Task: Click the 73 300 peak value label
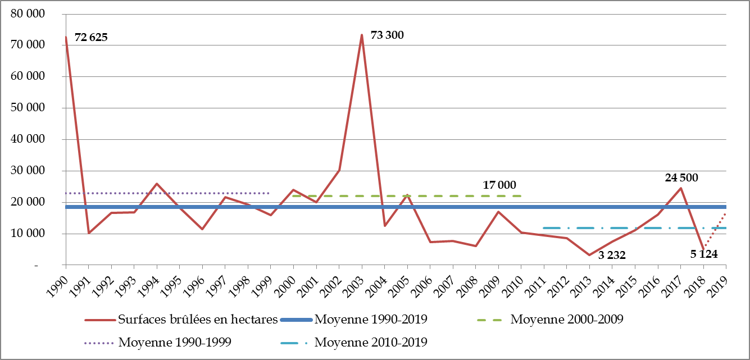pyautogui.click(x=387, y=35)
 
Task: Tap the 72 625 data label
pyautogui.click(x=90, y=38)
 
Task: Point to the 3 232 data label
pyautogui.click(x=612, y=256)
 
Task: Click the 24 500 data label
pyautogui.click(x=682, y=178)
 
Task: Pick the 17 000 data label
pyautogui.click(x=499, y=185)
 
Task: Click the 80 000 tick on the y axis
pyautogui.click(x=28, y=14)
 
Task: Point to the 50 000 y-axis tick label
pyautogui.click(x=28, y=108)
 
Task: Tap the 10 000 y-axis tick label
pyautogui.click(x=28, y=234)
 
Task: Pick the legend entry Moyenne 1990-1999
pyautogui.click(x=175, y=342)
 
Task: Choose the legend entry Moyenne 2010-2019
pyautogui.click(x=371, y=342)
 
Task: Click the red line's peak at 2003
pyautogui.click(x=362, y=35)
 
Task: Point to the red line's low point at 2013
pyautogui.click(x=589, y=255)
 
